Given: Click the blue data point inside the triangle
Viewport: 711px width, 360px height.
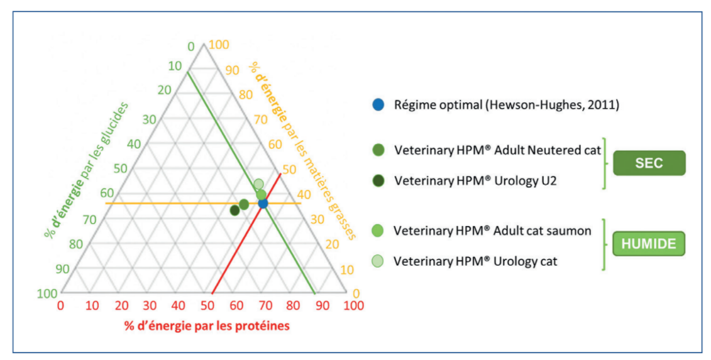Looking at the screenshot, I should (263, 203).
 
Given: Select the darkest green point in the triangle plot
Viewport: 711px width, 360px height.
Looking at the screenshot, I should (234, 210).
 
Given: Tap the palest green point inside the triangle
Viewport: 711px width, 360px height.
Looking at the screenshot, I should (258, 184).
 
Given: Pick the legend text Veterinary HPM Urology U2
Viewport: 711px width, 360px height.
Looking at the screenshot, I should (475, 180).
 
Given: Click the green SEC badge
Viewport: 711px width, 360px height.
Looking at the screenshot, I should (649, 163).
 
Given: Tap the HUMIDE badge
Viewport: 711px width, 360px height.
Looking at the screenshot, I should (649, 244).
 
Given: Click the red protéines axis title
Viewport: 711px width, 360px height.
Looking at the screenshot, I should (207, 326).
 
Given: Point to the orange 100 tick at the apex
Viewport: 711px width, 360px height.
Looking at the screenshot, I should (219, 45).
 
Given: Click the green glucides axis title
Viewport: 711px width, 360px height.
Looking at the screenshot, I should (86, 170).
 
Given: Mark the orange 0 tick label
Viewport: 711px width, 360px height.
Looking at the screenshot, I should (356, 293).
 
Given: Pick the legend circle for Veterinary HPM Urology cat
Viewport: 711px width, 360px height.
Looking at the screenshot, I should (377, 261).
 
